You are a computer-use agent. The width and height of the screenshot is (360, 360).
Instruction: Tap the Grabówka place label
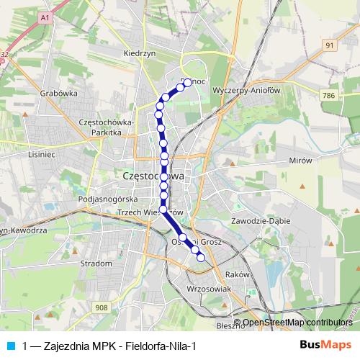[x=59, y=93]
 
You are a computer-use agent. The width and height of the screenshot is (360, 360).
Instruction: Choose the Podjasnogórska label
[x=107, y=199]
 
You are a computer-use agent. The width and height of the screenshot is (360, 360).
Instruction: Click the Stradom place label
[x=96, y=264]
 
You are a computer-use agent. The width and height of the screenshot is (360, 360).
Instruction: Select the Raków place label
[x=237, y=274]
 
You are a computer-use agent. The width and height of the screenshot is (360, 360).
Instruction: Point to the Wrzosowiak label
[x=207, y=288]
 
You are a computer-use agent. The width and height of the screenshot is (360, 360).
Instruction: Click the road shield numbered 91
[x=330, y=45]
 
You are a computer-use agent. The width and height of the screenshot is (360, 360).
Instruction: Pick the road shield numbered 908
[x=100, y=307]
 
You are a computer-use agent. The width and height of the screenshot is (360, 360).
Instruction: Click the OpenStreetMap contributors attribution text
[x=297, y=323]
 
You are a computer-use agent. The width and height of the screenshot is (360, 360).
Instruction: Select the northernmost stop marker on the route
[x=188, y=83]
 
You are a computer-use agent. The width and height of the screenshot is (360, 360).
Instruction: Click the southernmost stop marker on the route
[x=201, y=258]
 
